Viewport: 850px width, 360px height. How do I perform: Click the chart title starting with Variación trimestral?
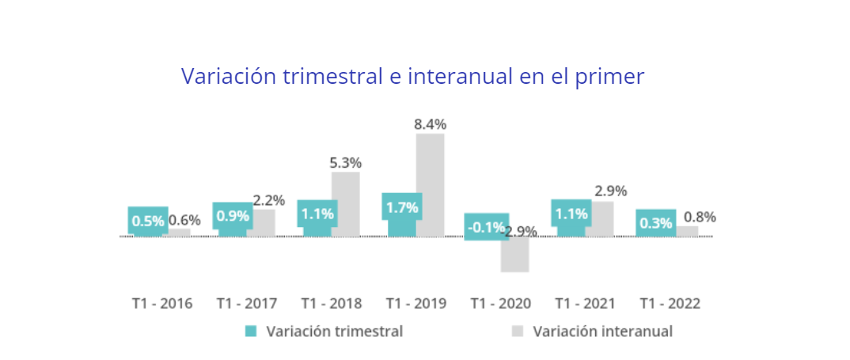pyautogui.click(x=412, y=76)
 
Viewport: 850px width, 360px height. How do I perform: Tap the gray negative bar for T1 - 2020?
pyautogui.click(x=514, y=256)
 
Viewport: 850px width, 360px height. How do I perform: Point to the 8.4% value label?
pyautogui.click(x=430, y=124)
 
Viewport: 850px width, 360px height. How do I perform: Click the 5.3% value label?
pyautogui.click(x=345, y=163)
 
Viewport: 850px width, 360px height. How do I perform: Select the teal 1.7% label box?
pyautogui.click(x=401, y=208)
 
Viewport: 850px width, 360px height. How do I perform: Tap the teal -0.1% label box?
pyautogui.click(x=486, y=228)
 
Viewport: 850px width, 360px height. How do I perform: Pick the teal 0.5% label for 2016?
pyautogui.click(x=147, y=222)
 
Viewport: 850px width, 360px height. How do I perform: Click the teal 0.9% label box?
pyautogui.click(x=233, y=215)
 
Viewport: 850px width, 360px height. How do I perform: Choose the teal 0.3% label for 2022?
pyautogui.click(x=655, y=223)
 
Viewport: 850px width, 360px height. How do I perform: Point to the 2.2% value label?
pyautogui.click(x=268, y=200)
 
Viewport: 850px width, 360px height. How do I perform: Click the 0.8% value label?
pyautogui.click(x=700, y=217)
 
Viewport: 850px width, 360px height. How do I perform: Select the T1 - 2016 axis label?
pyautogui.click(x=161, y=303)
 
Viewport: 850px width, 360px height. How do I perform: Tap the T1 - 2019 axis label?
pyautogui.click(x=416, y=303)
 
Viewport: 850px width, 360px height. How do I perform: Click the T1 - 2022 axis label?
pyautogui.click(x=670, y=303)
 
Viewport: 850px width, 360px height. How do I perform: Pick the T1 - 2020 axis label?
pyautogui.click(x=500, y=303)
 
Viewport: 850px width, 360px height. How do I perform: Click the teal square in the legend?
pyautogui.click(x=251, y=332)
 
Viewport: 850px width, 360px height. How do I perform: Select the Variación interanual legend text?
pyautogui.click(x=602, y=332)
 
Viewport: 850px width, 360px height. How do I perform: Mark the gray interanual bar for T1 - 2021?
pyautogui.click(x=600, y=219)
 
